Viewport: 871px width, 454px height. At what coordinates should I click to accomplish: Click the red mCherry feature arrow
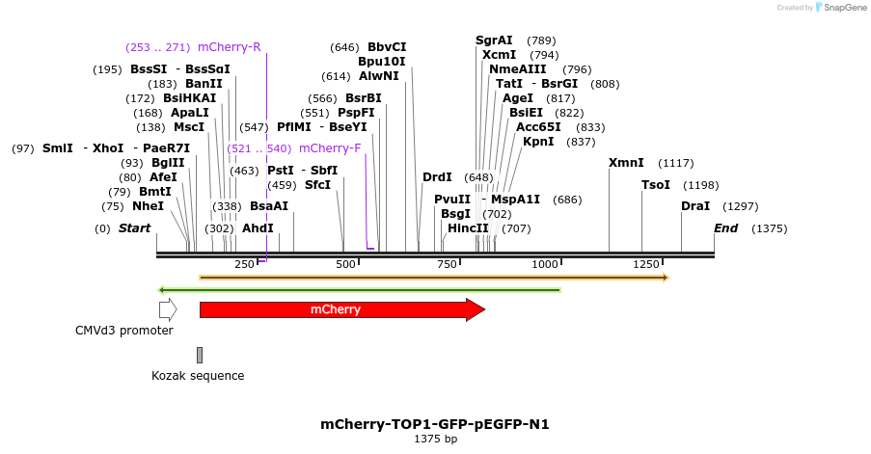pyautogui.click(x=342, y=309)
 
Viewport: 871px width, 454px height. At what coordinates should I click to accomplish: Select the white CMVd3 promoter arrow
pyautogui.click(x=168, y=309)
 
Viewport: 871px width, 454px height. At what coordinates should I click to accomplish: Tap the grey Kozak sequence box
pyautogui.click(x=200, y=356)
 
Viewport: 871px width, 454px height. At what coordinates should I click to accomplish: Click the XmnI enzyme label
pyautogui.click(x=626, y=163)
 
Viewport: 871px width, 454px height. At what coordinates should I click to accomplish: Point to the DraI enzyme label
pyautogui.click(x=695, y=206)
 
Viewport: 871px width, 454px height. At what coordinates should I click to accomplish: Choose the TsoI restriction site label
pyautogui.click(x=656, y=185)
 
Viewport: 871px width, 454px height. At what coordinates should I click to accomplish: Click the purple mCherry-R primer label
pyautogui.click(x=229, y=47)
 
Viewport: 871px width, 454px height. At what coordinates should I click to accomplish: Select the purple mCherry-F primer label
pyautogui.click(x=330, y=148)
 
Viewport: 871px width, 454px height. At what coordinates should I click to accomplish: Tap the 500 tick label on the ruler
pyautogui.click(x=345, y=264)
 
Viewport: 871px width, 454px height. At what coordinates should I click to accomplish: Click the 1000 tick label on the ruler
pyautogui.click(x=545, y=264)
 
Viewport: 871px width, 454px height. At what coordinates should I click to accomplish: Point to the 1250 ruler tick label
pyautogui.click(x=646, y=264)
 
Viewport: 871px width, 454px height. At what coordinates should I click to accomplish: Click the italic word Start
pyautogui.click(x=134, y=228)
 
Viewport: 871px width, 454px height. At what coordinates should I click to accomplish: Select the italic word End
pyautogui.click(x=726, y=228)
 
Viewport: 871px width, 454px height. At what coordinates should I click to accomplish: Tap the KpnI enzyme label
pyautogui.click(x=538, y=142)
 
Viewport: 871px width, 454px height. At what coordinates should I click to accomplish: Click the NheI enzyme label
pyautogui.click(x=148, y=206)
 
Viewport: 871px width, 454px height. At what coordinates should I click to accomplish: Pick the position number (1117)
pyautogui.click(x=676, y=163)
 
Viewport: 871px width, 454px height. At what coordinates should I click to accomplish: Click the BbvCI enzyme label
pyautogui.click(x=387, y=47)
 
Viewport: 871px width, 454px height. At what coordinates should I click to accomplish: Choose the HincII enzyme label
pyautogui.click(x=468, y=228)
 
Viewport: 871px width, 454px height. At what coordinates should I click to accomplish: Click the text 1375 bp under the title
pyautogui.click(x=436, y=439)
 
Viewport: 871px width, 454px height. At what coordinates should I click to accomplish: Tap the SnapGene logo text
pyautogui.click(x=845, y=7)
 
